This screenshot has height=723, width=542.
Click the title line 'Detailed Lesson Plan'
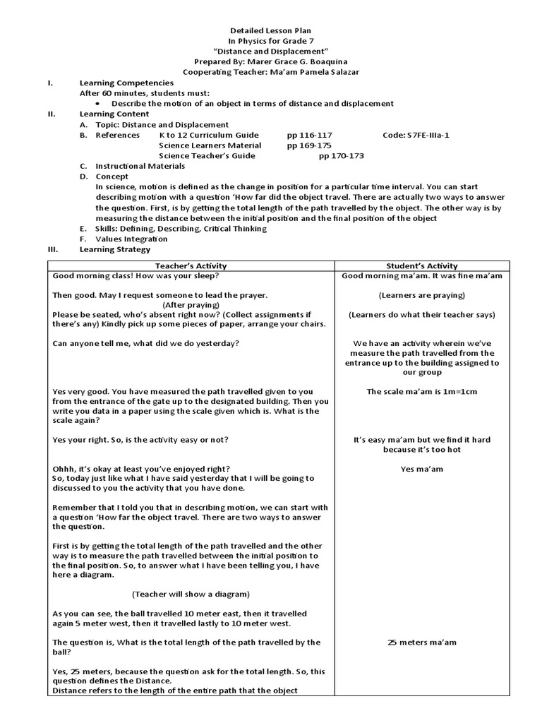pyautogui.click(x=271, y=32)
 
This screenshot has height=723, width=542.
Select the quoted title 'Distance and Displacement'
pyautogui.click(x=271, y=52)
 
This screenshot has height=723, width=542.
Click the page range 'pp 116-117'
pyautogui.click(x=310, y=135)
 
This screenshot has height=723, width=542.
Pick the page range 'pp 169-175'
pyautogui.click(x=310, y=145)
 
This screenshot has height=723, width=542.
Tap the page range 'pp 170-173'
pyautogui.click(x=342, y=155)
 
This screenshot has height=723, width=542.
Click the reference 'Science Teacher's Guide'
pyautogui.click(x=207, y=155)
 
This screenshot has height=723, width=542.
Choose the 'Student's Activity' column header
pyautogui.click(x=422, y=265)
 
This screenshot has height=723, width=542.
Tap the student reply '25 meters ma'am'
pyautogui.click(x=422, y=643)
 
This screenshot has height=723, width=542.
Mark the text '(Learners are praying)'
pyautogui.click(x=422, y=295)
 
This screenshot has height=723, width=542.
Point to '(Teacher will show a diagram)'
pyautogui.click(x=191, y=594)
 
